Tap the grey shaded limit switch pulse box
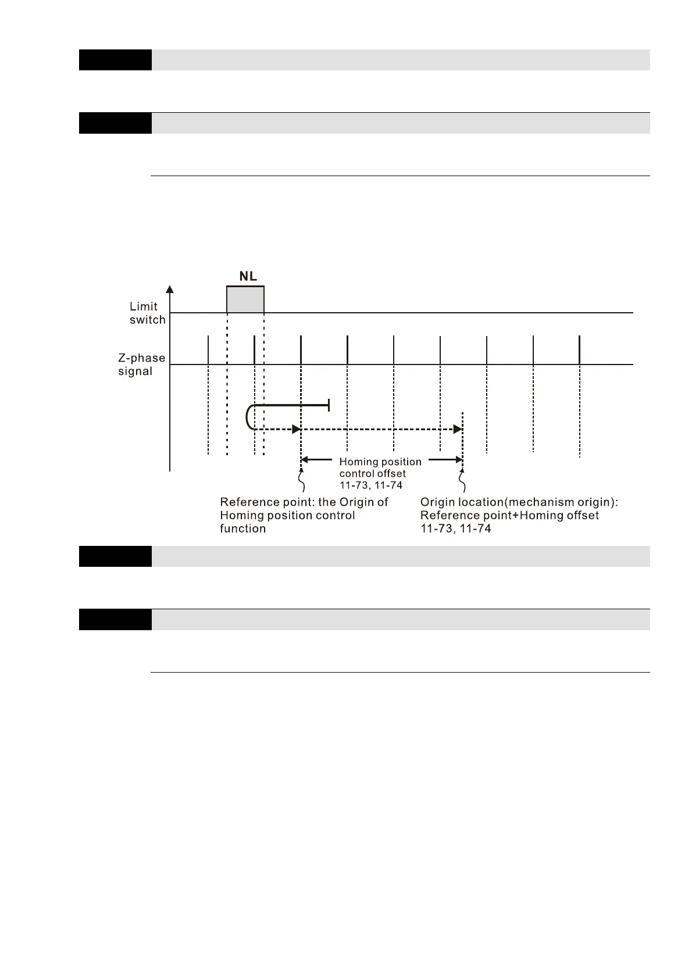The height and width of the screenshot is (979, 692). pyautogui.click(x=245, y=299)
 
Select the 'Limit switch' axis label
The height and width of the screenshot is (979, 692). pyautogui.click(x=147, y=313)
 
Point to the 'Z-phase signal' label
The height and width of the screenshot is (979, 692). pyautogui.click(x=141, y=365)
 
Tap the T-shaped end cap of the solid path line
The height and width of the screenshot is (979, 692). pyautogui.click(x=329, y=405)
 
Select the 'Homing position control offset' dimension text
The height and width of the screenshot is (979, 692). pyautogui.click(x=380, y=473)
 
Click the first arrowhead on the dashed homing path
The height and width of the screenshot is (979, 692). pyautogui.click(x=296, y=429)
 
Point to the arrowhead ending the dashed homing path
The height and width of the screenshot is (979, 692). pyautogui.click(x=458, y=429)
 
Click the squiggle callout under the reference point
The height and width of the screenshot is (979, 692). pyautogui.click(x=301, y=482)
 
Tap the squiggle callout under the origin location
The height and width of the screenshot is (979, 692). pyautogui.click(x=463, y=482)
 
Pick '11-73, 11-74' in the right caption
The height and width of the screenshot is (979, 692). pyautogui.click(x=455, y=529)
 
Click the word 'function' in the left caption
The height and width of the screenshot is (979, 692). pyautogui.click(x=242, y=529)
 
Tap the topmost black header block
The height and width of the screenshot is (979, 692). pyautogui.click(x=115, y=60)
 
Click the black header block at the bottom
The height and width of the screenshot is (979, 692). pyautogui.click(x=115, y=619)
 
